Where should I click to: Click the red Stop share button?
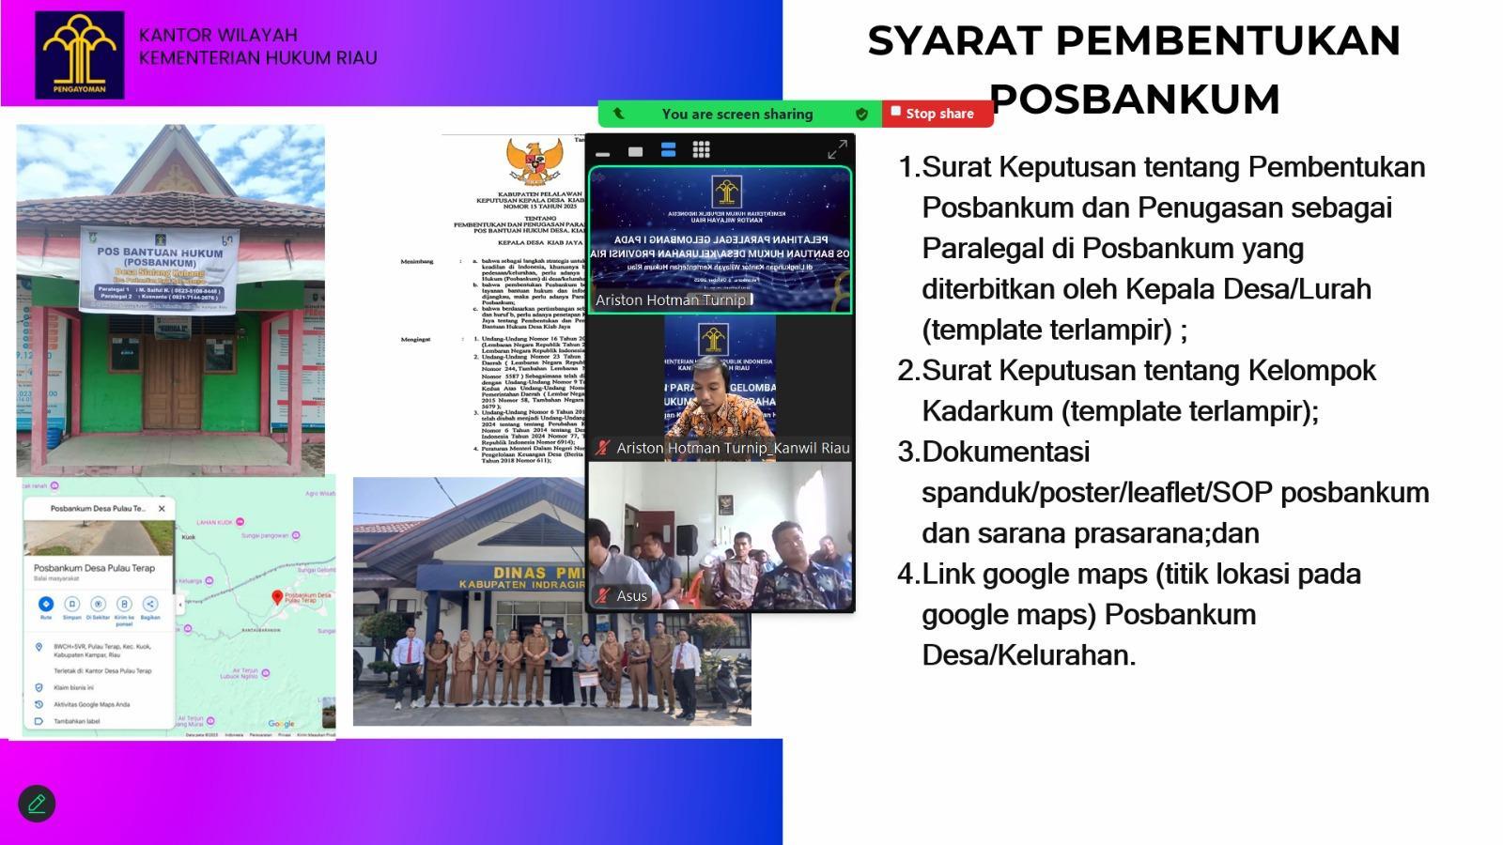click(937, 114)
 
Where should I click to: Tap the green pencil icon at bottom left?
click(37, 804)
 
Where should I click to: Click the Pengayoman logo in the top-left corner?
click(80, 54)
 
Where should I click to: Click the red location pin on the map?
click(277, 597)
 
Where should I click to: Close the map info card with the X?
click(162, 508)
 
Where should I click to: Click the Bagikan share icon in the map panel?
click(150, 605)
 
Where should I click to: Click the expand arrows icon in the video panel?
click(837, 149)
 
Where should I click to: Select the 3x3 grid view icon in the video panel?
click(701, 149)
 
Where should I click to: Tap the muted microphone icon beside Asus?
click(602, 595)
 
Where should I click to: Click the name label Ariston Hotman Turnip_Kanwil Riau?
click(733, 449)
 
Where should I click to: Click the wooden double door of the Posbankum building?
click(172, 382)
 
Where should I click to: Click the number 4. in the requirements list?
click(907, 574)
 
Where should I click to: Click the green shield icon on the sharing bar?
click(861, 114)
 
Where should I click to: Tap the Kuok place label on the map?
click(188, 537)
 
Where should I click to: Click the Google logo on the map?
click(281, 724)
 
